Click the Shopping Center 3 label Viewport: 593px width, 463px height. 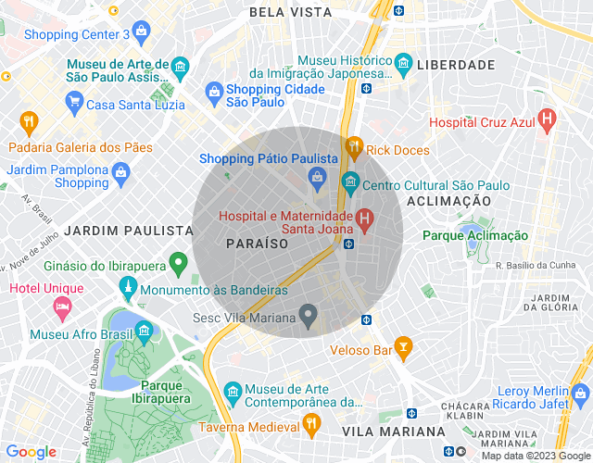tap(77, 34)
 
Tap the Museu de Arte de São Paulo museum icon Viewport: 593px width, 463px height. tap(180, 66)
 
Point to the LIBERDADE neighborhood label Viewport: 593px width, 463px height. tap(456, 65)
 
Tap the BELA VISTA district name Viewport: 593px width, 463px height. tap(290, 12)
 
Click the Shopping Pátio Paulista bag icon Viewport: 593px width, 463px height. tap(318, 176)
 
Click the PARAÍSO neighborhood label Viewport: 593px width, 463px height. tap(257, 243)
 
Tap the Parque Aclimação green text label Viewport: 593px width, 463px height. tap(475, 236)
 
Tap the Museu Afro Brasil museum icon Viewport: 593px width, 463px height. tap(144, 332)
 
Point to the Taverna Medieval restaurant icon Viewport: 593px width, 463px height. tap(312, 423)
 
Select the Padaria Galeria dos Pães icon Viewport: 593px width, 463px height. tap(29, 121)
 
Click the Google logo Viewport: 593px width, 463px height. tap(31, 451)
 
